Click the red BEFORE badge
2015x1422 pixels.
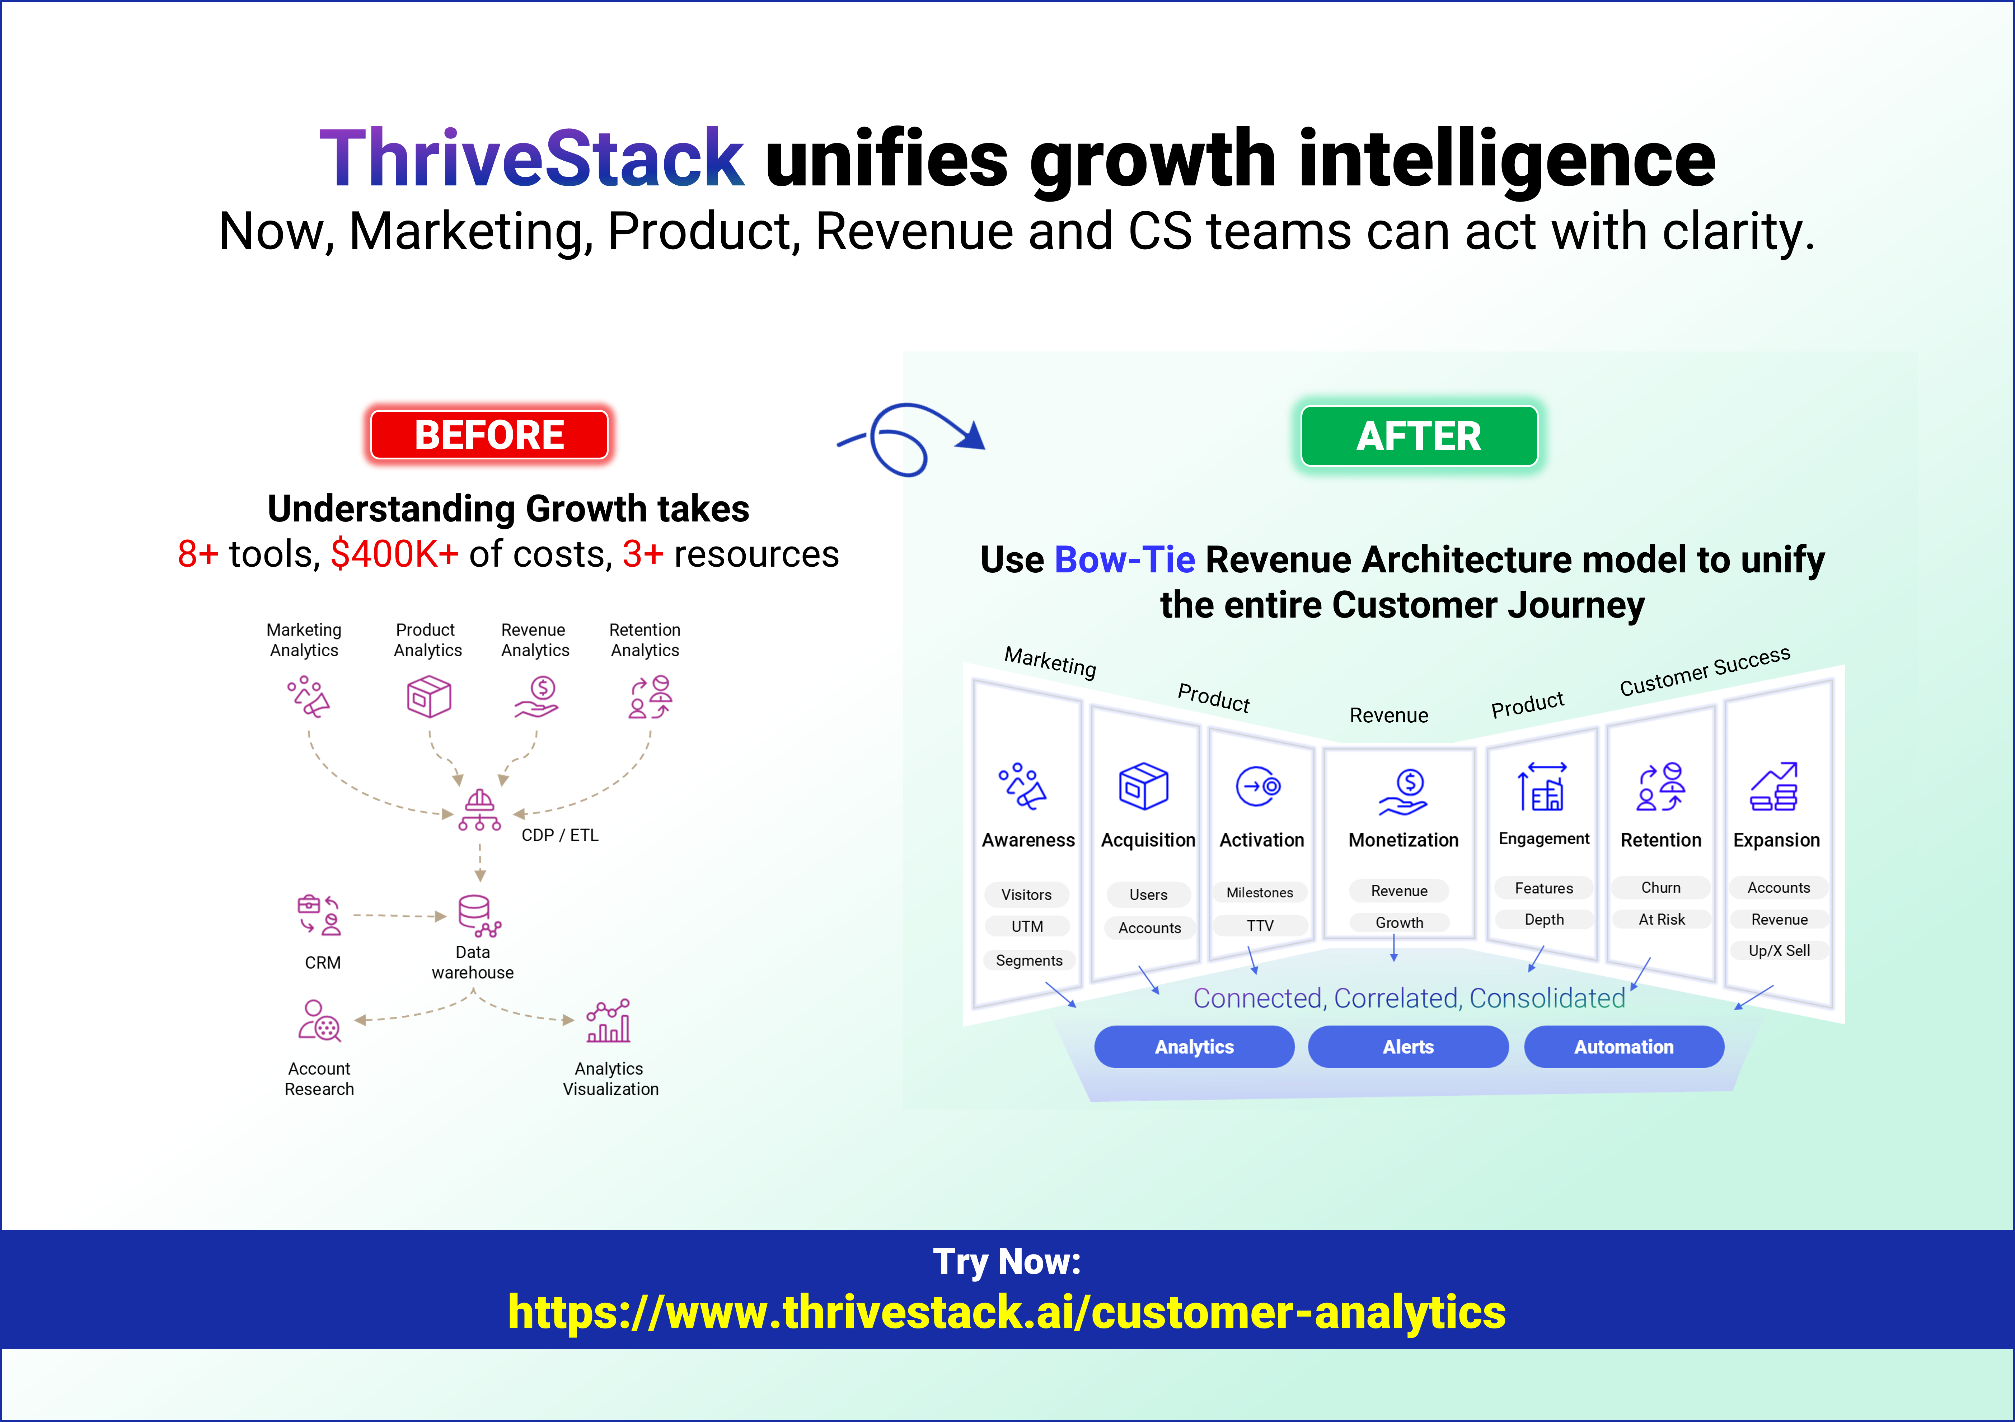tap(489, 435)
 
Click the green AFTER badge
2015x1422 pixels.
tap(1418, 436)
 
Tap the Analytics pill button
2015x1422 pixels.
tap(1194, 1047)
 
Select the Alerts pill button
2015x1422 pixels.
tap(1408, 1047)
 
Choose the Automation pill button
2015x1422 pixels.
tap(1623, 1047)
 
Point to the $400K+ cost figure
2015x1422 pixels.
tap(394, 554)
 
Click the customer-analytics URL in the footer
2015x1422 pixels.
tap(1007, 1312)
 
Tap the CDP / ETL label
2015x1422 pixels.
tap(560, 835)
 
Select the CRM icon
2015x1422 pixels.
tap(319, 915)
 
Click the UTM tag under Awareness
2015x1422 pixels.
tap(1027, 926)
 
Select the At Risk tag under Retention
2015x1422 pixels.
tap(1661, 919)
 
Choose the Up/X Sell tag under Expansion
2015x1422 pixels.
tap(1779, 951)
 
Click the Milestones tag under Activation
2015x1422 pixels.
tap(1259, 893)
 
